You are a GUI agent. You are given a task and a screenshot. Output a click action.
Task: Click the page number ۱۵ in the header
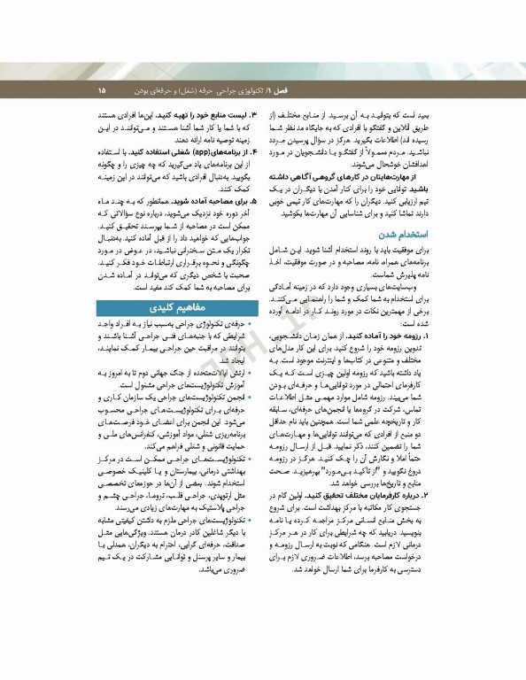pyautogui.click(x=101, y=90)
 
